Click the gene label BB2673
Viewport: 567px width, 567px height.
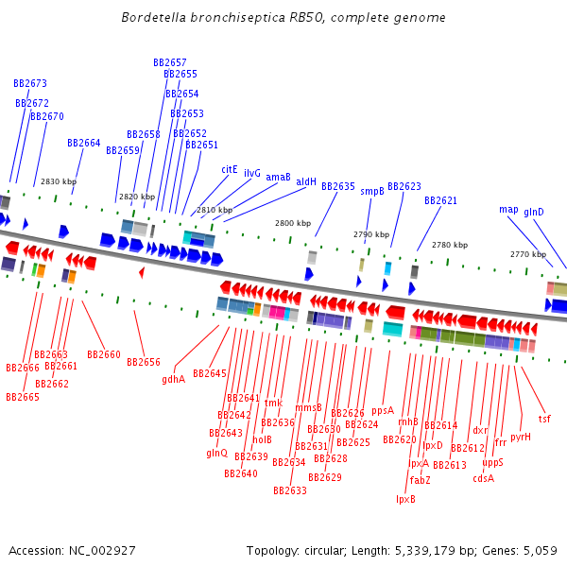[x=30, y=83]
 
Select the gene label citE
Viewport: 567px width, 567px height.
[x=230, y=169]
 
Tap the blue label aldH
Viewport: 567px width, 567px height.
[x=306, y=181]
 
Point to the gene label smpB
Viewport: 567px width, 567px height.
[x=372, y=191]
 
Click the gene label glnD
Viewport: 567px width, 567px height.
[x=534, y=212]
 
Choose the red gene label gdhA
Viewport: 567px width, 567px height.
[x=173, y=379]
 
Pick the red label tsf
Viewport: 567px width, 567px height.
[x=544, y=419]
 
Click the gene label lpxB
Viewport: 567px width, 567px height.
[x=405, y=499]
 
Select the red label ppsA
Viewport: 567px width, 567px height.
[x=382, y=410]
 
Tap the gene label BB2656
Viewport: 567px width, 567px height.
[x=144, y=362]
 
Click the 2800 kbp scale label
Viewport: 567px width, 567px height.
[x=293, y=223]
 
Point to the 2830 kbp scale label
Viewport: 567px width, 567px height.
[x=59, y=181]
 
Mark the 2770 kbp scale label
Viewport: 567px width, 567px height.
[x=528, y=254]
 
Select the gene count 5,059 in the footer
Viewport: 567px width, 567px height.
[x=541, y=550]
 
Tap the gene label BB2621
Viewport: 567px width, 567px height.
[x=440, y=200]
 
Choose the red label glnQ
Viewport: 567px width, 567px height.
[x=216, y=453]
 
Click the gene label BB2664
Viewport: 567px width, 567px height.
[x=84, y=143]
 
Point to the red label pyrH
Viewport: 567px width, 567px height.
[x=521, y=437]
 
